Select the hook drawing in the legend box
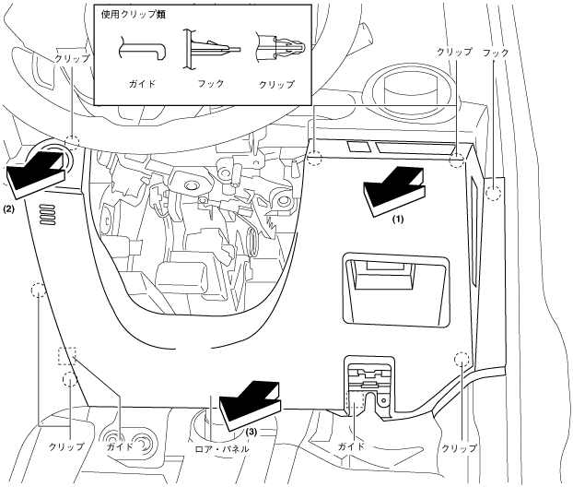pos(209,47)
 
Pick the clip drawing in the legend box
pos(275,46)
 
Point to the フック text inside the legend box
pos(211,84)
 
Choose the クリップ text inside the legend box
pos(276,84)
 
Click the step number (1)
pos(397,220)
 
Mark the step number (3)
pos(251,431)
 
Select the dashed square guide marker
pos(66,355)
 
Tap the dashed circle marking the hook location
pos(494,193)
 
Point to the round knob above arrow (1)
pos(404,93)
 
